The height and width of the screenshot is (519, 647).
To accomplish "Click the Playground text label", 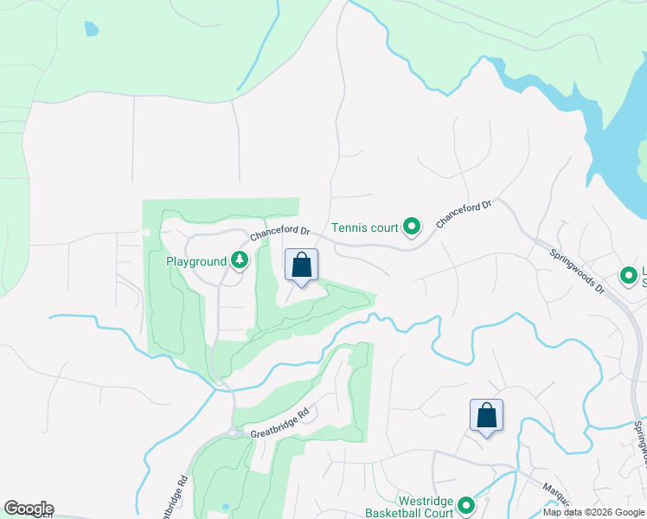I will pyautogui.click(x=196, y=261).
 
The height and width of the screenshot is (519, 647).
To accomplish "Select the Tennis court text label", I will pyautogui.click(x=365, y=228).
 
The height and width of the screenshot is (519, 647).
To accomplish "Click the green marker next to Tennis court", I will pyautogui.click(x=413, y=227).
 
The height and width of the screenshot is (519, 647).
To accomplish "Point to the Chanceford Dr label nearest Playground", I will pyautogui.click(x=280, y=234).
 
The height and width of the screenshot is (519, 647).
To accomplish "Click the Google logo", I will pyautogui.click(x=29, y=509).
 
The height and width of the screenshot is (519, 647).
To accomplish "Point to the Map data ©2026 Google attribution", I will pyautogui.click(x=593, y=512).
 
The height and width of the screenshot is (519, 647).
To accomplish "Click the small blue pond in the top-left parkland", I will pyautogui.click(x=92, y=29).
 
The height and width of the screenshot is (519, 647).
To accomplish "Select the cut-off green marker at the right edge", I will pyautogui.click(x=629, y=277).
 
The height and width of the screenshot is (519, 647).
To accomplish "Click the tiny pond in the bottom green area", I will pyautogui.click(x=226, y=506).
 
